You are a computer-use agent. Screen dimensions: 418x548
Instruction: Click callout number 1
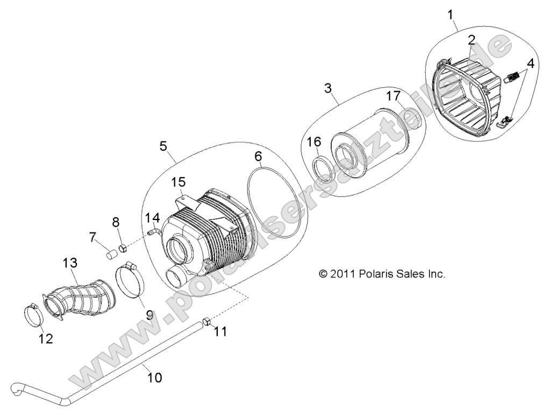click(451, 15)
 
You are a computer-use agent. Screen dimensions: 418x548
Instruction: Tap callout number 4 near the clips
click(530, 64)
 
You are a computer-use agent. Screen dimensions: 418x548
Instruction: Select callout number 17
click(394, 96)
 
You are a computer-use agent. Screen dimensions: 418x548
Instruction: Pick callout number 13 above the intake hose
click(70, 263)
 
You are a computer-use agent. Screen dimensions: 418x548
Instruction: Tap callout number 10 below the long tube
click(154, 378)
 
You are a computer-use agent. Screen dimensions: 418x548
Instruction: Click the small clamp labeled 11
click(206, 322)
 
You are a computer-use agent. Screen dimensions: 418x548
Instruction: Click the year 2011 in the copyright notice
click(342, 274)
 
